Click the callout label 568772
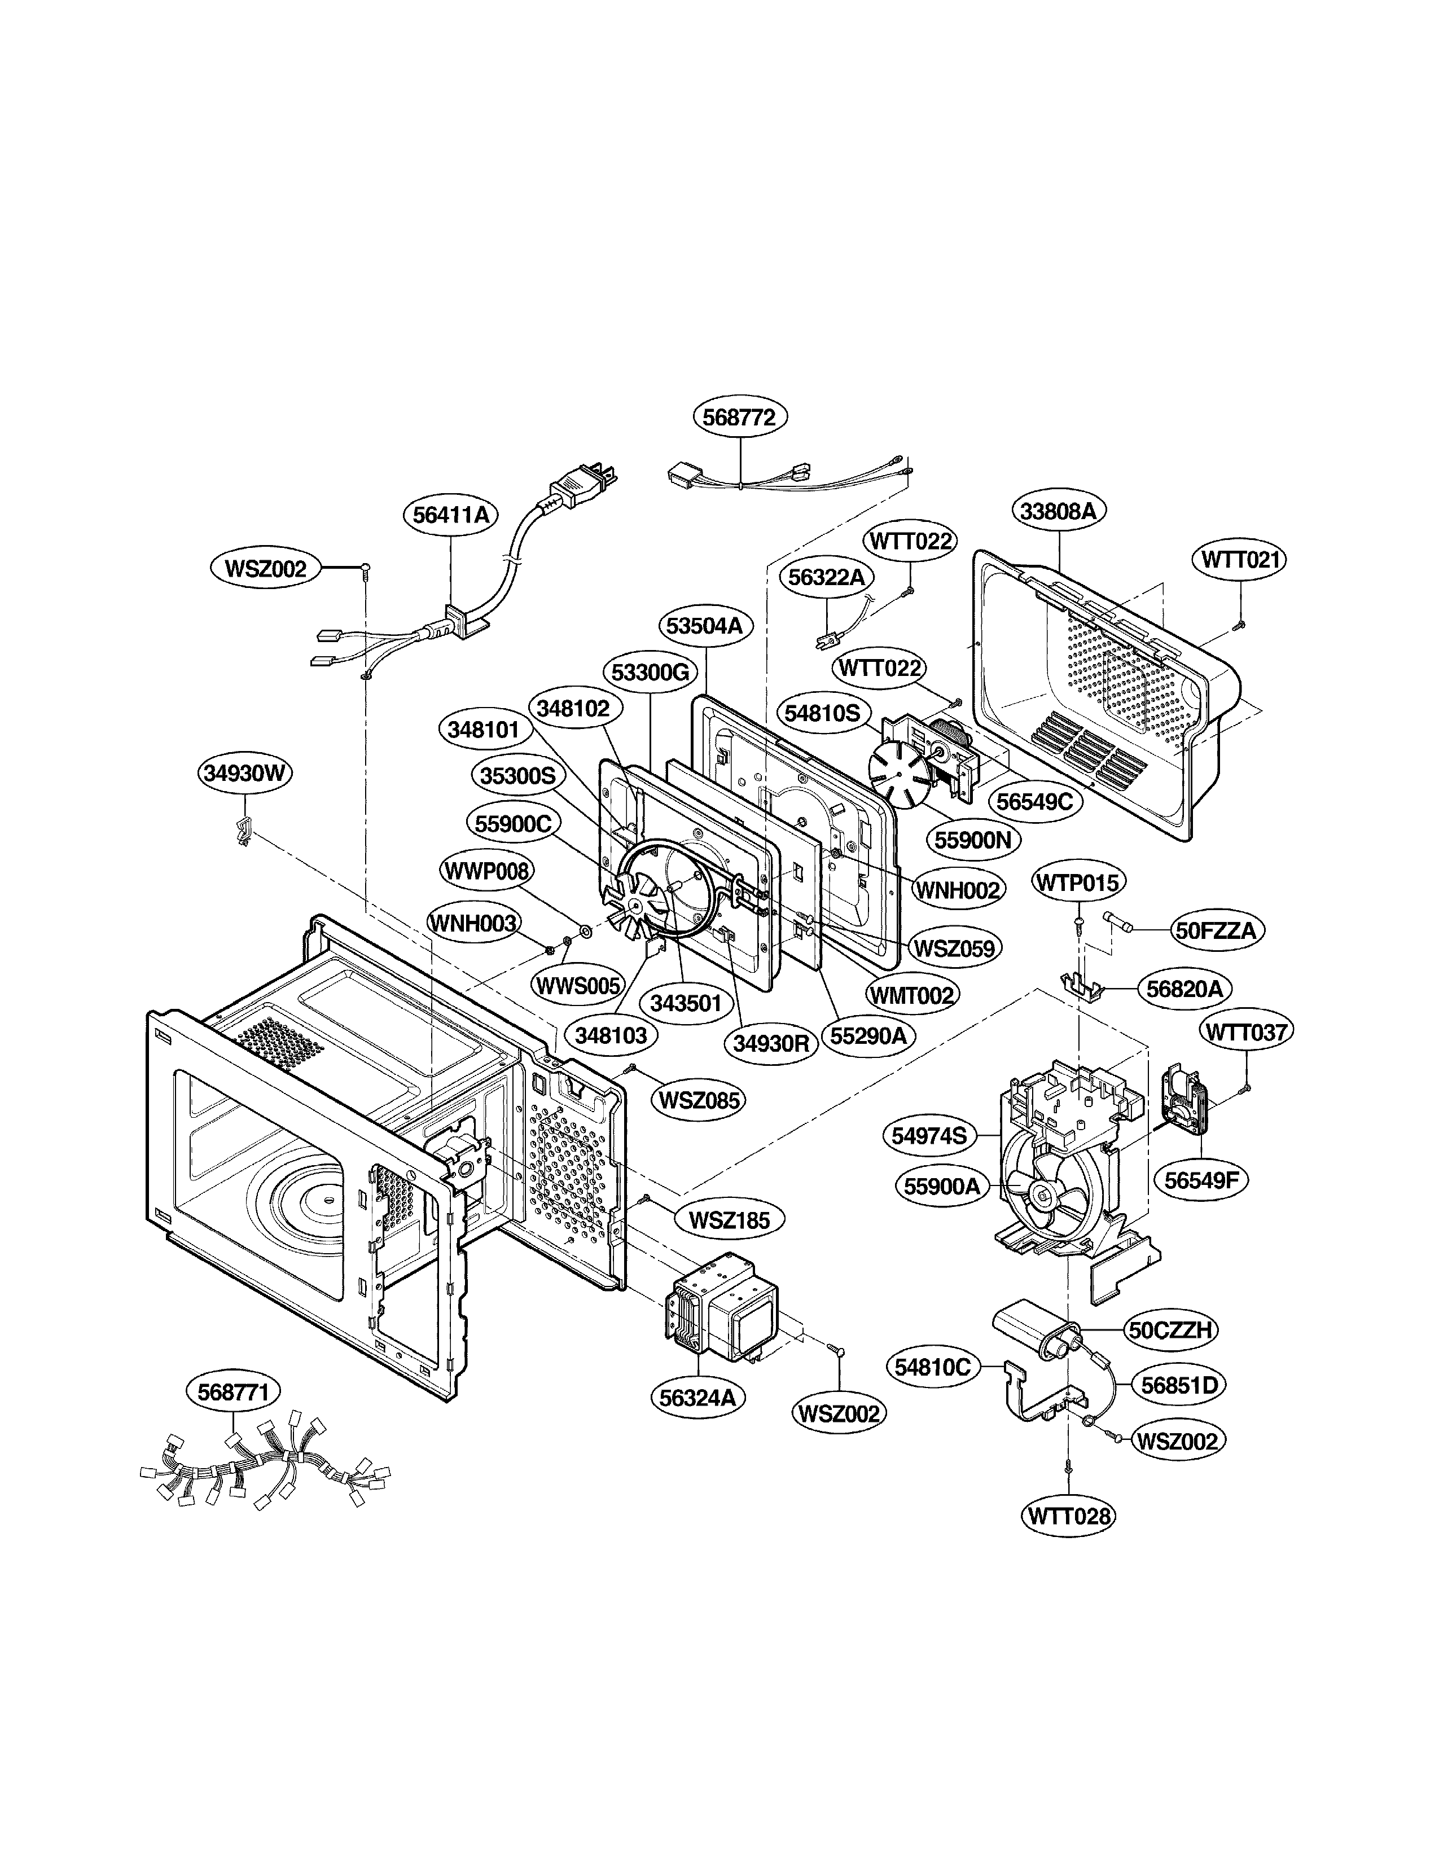pos(739,417)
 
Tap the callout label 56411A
pos(450,515)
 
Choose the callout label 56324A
pos(697,1398)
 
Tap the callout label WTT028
pos(1068,1516)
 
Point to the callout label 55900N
pos(972,840)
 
